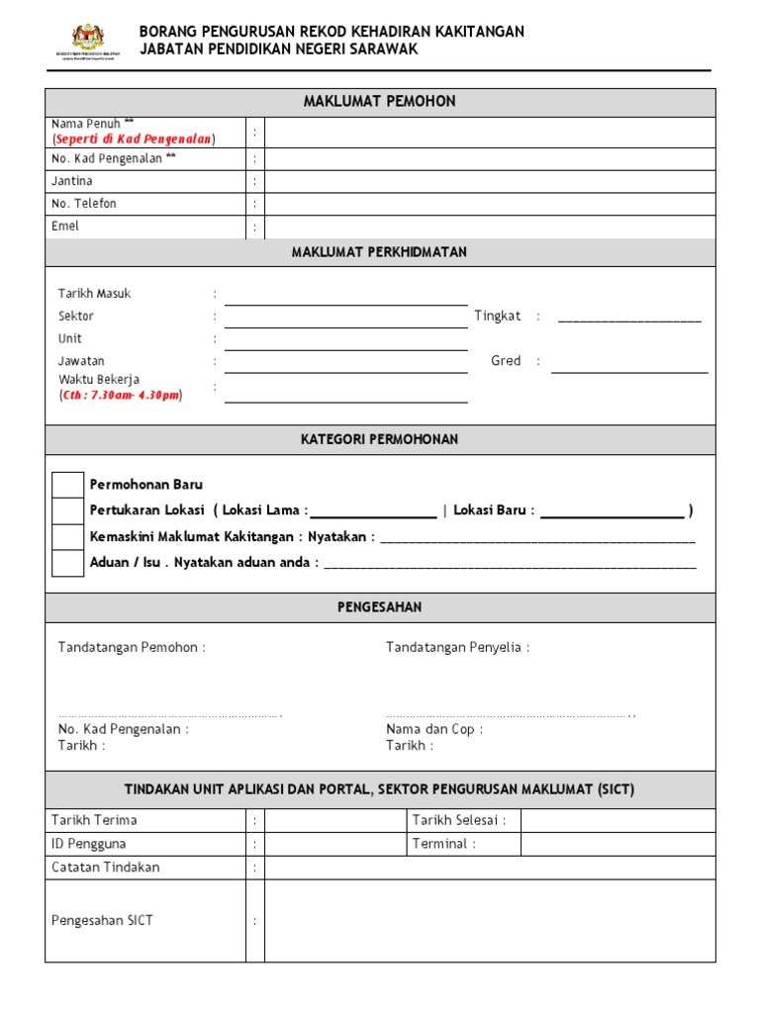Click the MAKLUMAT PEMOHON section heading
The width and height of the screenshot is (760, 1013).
coord(379,102)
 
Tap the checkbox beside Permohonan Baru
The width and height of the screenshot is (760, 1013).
coord(68,485)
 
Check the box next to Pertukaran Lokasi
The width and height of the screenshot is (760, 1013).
coord(68,510)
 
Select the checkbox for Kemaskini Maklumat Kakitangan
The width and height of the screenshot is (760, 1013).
coord(68,536)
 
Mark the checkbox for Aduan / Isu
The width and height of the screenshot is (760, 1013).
coord(68,562)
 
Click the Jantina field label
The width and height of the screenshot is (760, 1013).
coord(72,181)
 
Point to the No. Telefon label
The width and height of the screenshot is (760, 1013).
coord(84,204)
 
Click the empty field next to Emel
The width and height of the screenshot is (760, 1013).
coord(489,227)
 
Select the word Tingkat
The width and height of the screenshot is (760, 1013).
coord(498,317)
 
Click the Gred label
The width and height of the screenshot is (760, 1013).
coord(506,361)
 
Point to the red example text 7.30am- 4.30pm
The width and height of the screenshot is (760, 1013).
coord(121,396)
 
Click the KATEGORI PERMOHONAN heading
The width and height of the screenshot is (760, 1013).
coord(379,439)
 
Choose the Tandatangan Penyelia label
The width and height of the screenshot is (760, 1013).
coord(457,648)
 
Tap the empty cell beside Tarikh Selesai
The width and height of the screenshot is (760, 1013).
coord(617,820)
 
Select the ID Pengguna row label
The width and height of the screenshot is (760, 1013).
coord(89,844)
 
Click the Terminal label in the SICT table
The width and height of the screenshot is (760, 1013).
coord(443,844)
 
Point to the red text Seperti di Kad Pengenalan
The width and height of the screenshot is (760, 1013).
coord(135,139)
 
